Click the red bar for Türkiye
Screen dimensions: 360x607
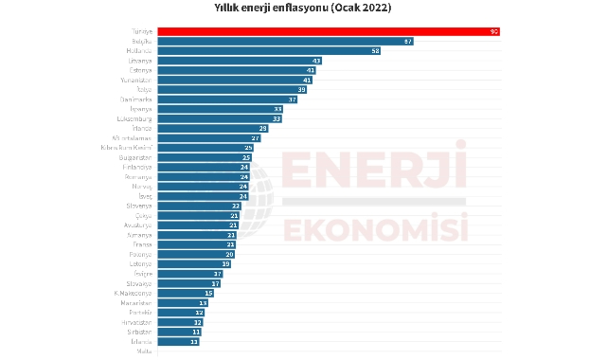[x=328, y=31]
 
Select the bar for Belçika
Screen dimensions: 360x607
[x=285, y=42]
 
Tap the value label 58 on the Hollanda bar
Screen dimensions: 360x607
[x=376, y=51]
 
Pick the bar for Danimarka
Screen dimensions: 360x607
[x=227, y=99]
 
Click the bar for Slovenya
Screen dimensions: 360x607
[x=199, y=206]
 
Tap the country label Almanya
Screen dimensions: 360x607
[x=140, y=235]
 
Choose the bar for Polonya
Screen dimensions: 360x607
[x=195, y=255]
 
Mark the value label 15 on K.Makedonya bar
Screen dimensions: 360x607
[x=208, y=294]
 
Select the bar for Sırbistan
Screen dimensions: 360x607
[x=179, y=333]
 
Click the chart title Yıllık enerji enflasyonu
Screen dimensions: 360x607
[x=303, y=9]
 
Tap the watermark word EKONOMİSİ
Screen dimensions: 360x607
[x=375, y=230]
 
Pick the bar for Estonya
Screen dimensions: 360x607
[x=236, y=71]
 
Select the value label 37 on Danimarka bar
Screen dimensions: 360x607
[x=293, y=99]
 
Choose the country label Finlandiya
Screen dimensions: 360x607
[x=138, y=168]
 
